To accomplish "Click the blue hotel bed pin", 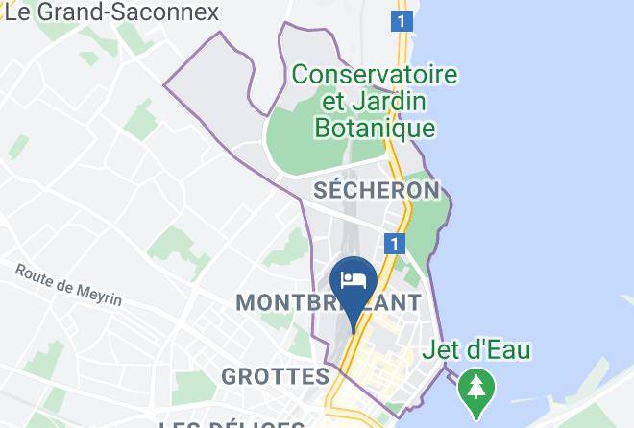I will (353, 281).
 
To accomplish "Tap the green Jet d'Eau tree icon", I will (474, 388).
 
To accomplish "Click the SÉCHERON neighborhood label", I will (378, 190).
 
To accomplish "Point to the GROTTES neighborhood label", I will (275, 375).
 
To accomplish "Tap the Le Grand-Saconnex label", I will (110, 12).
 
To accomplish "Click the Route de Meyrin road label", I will (68, 285).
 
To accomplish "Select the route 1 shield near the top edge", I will (402, 19).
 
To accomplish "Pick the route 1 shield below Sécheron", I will (393, 243).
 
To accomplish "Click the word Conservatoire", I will (375, 73).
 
